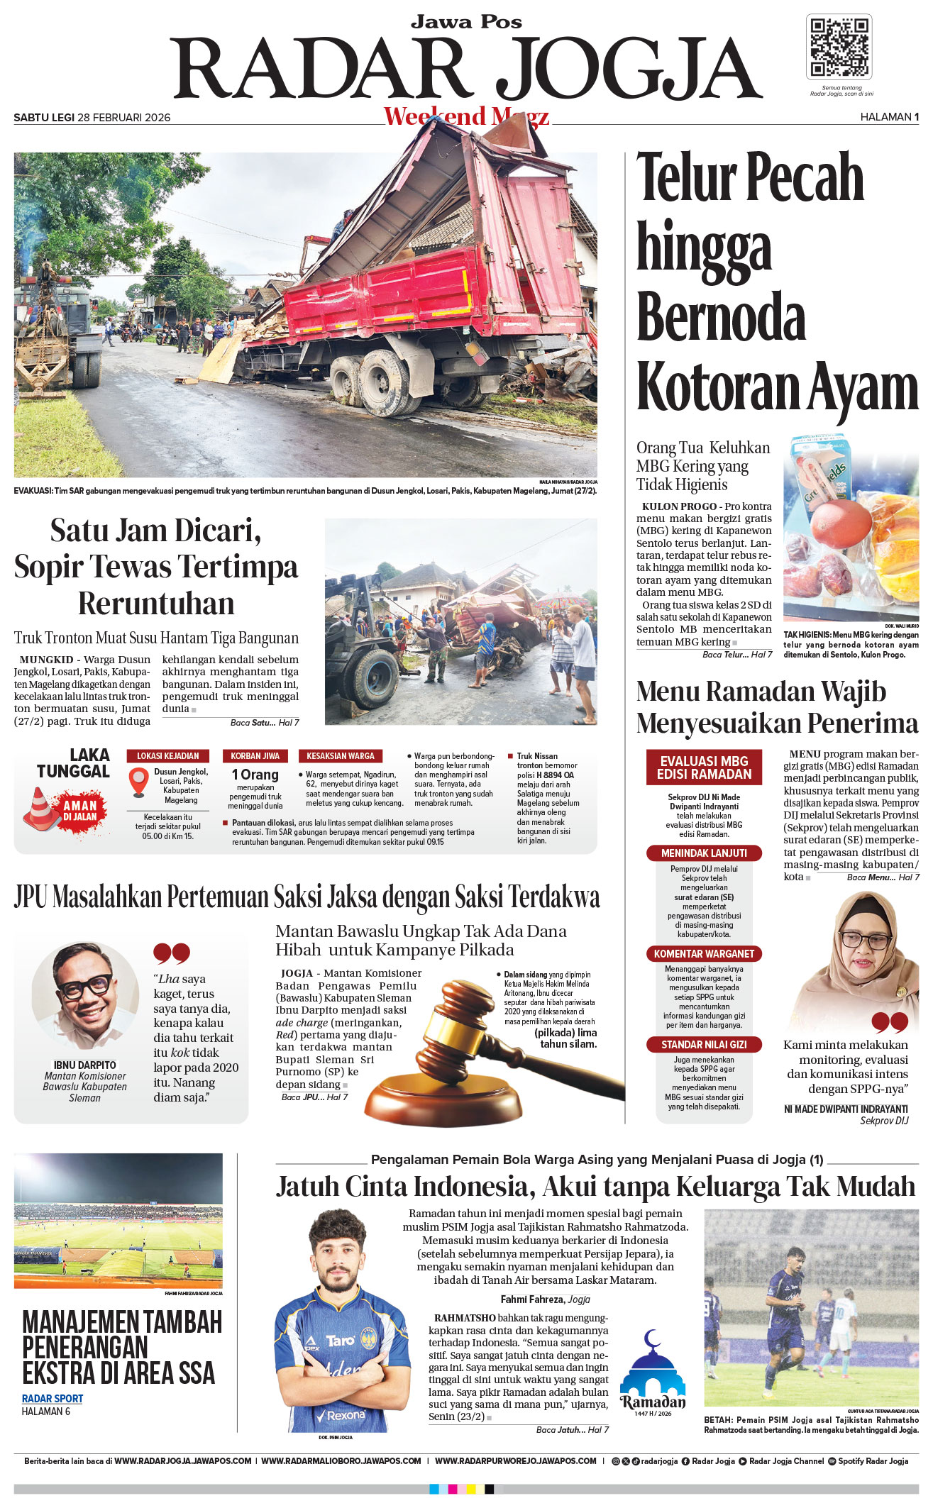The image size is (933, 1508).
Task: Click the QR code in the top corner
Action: (839, 47)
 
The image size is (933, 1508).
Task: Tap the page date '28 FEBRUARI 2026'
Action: (123, 118)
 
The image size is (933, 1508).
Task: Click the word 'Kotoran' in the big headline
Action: (717, 387)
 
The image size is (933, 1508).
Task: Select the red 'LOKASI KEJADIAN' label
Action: (168, 756)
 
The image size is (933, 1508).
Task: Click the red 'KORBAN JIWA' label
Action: (255, 756)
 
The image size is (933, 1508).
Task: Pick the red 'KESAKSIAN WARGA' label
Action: (341, 756)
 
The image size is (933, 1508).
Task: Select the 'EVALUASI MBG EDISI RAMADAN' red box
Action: (704, 767)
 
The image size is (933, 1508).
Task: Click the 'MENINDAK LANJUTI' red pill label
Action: (704, 853)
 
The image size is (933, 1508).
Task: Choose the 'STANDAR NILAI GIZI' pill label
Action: (704, 1045)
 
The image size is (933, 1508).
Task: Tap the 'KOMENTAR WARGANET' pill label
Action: (704, 954)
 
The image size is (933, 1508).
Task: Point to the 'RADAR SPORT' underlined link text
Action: (53, 1399)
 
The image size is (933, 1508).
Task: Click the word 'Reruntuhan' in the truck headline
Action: (156, 604)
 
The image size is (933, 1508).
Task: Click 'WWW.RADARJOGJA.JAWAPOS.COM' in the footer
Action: (182, 1461)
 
